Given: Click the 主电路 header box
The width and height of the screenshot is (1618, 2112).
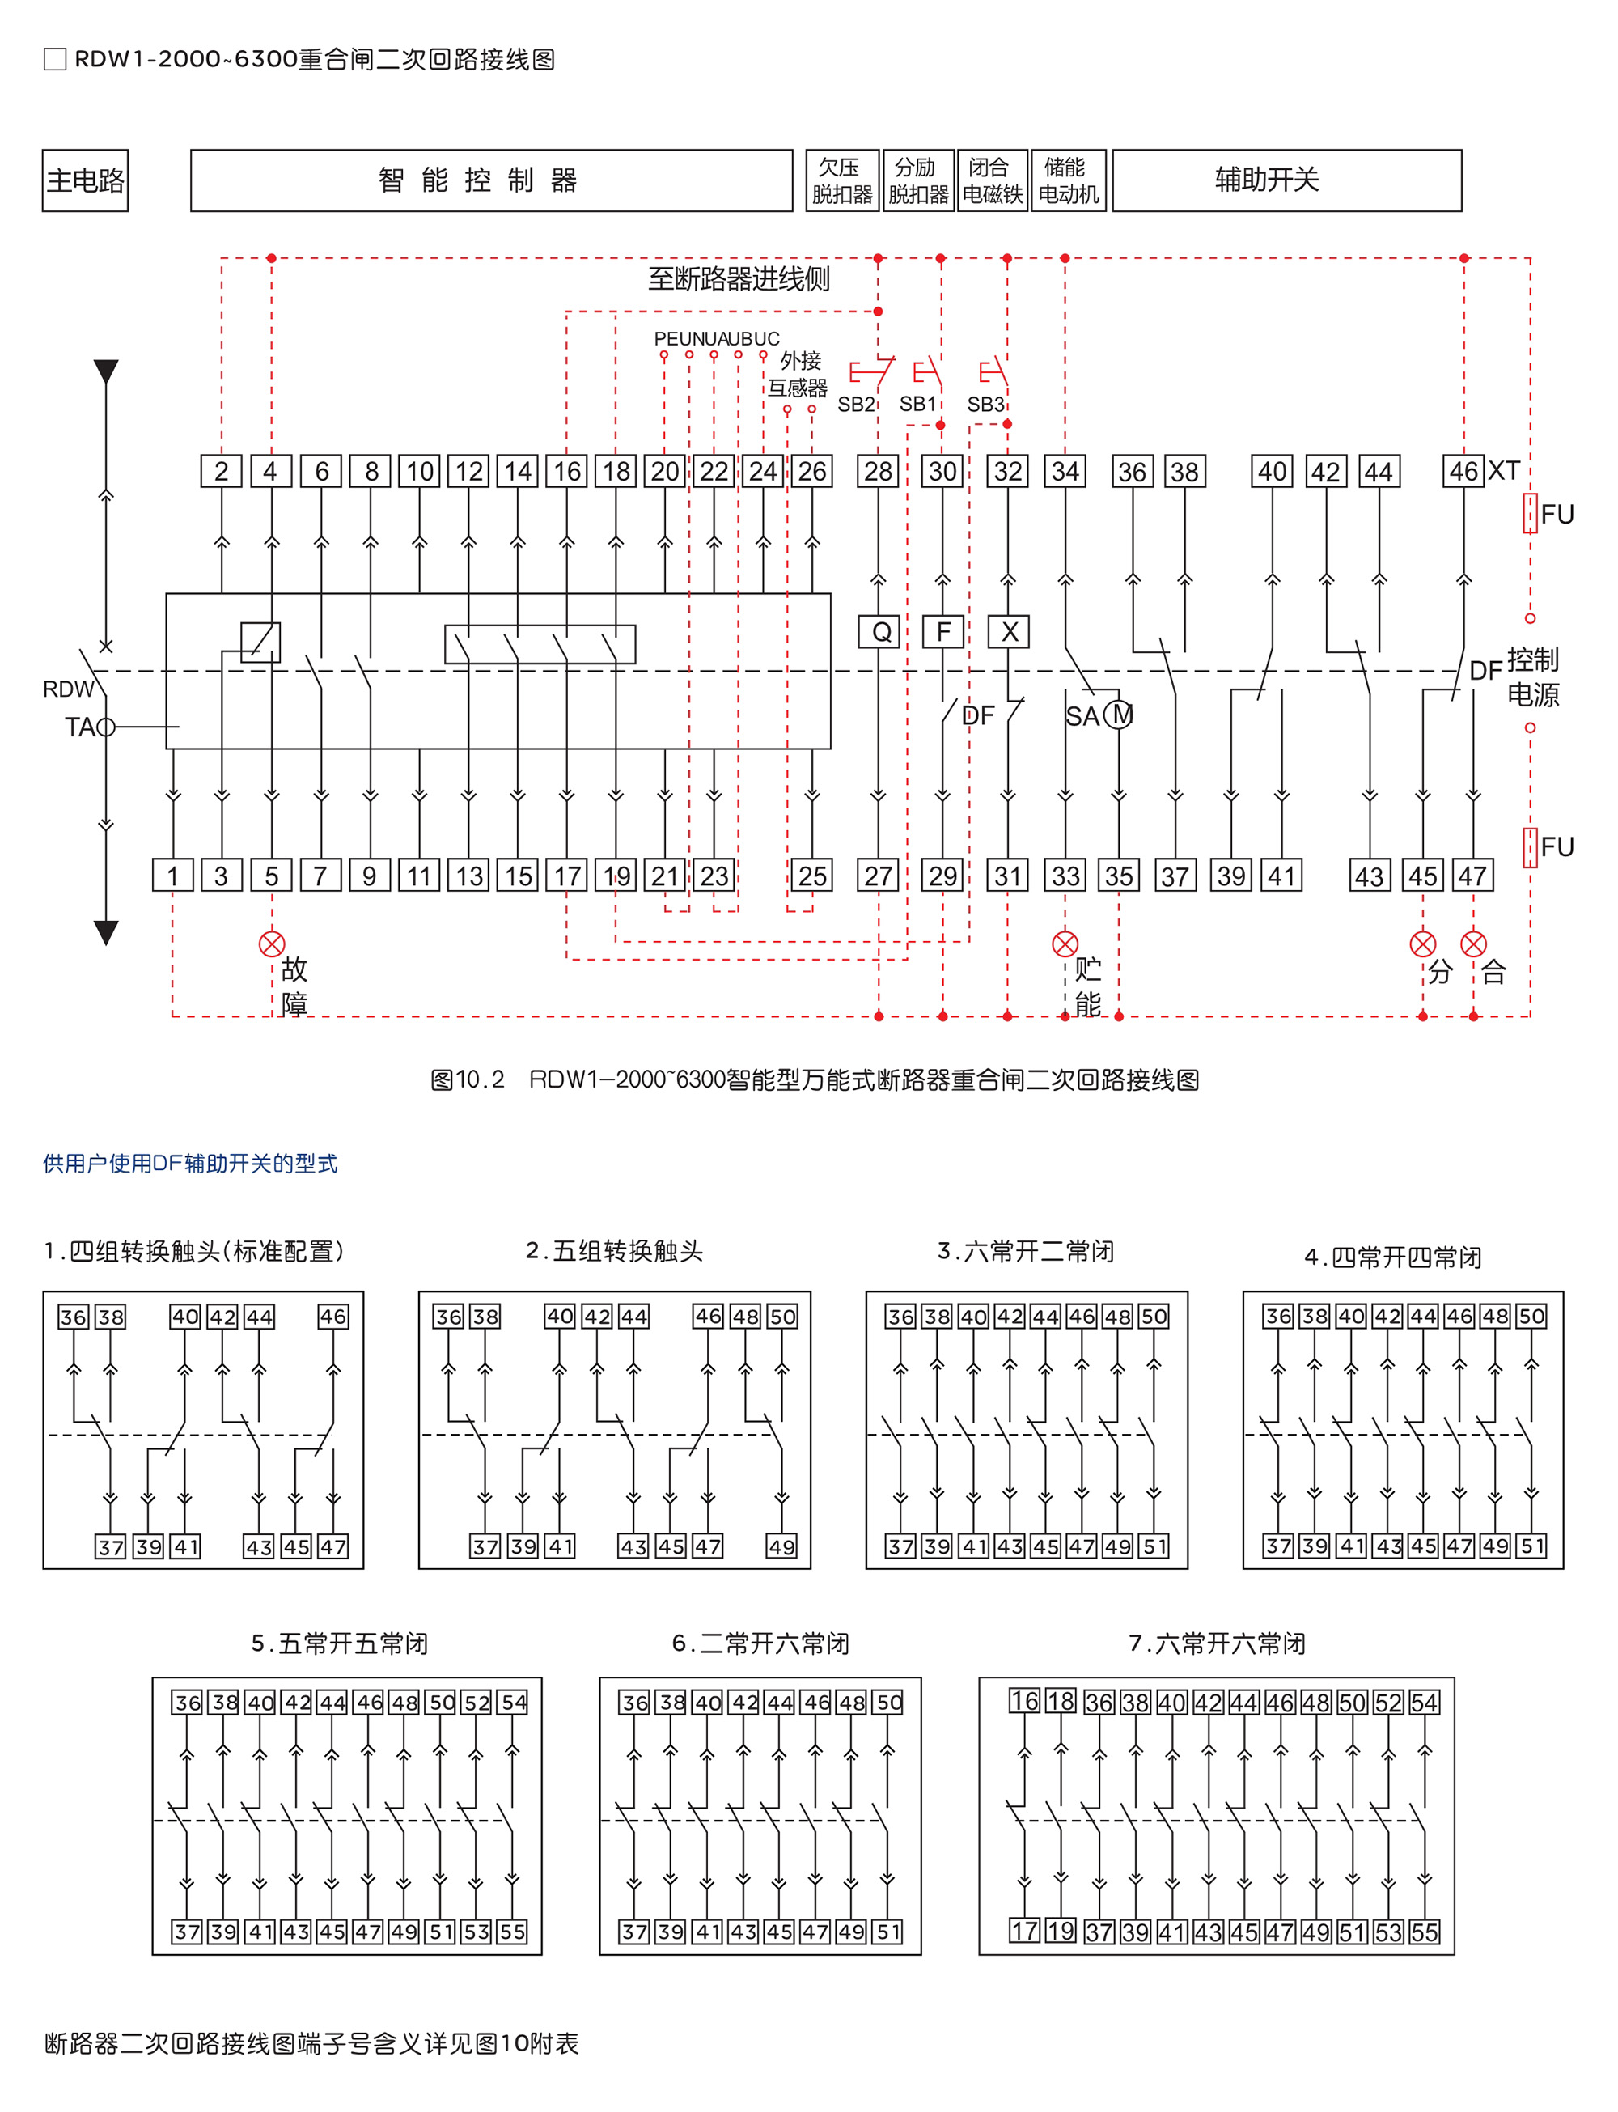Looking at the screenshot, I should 85,180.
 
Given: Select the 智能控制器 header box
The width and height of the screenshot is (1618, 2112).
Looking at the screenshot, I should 491,180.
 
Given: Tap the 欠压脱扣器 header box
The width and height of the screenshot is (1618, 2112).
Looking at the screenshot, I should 841,180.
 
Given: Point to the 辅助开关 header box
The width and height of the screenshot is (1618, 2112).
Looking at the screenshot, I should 1286,180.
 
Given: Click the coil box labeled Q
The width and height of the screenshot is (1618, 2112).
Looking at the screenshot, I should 879,632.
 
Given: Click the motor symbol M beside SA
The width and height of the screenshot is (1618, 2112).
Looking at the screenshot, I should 1119,715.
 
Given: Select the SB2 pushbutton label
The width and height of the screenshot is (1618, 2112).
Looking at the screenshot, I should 855,405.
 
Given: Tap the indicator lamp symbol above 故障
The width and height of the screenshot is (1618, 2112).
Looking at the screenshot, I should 272,944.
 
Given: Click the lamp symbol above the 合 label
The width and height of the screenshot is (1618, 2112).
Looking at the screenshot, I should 1472,944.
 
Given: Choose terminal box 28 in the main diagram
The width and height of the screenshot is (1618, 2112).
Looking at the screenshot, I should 879,472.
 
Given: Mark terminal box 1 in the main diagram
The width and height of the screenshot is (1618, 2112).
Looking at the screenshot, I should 172,876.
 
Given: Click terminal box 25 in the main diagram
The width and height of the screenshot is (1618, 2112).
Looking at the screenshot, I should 812,876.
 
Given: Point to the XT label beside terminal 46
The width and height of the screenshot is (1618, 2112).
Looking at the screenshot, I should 1503,471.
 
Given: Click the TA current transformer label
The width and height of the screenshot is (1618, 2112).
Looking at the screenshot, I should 79,727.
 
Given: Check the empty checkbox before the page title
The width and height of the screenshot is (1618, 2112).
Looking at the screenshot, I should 55,60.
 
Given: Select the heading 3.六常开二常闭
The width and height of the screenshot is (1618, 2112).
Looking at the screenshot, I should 1026,1251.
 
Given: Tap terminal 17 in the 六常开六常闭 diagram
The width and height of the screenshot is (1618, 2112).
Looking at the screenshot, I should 1023,1930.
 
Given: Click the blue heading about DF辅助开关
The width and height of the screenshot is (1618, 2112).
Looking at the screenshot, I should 190,1164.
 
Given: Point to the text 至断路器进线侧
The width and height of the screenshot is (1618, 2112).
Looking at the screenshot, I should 739,279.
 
